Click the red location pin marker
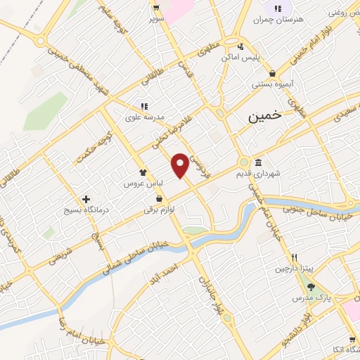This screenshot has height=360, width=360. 180,165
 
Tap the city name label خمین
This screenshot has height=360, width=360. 264,117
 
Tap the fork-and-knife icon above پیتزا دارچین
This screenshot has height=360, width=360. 295,257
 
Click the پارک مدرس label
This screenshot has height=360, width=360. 311,298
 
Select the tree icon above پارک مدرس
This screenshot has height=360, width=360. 311,287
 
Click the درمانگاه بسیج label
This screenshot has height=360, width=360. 87,210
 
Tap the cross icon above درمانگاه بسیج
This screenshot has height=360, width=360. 86,199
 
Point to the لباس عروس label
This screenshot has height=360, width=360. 143,183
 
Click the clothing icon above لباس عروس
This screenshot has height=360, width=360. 143,172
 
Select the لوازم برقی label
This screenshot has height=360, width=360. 159,210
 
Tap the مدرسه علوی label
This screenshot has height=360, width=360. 144,117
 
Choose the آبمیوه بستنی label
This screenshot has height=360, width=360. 272,84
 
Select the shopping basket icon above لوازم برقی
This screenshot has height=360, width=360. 160,199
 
